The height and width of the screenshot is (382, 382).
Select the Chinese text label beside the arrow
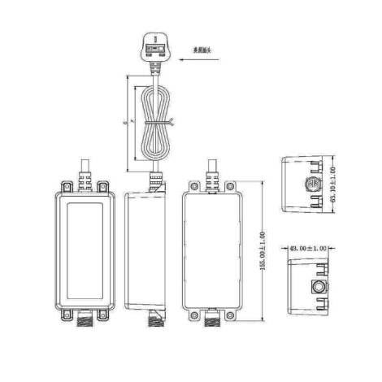click(x=202, y=50)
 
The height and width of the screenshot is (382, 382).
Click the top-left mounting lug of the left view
click(x=61, y=187)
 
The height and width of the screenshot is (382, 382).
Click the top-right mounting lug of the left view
click(x=103, y=187)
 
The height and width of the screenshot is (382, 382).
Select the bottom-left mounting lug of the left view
click(x=61, y=314)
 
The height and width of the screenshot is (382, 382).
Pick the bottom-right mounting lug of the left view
click(x=103, y=314)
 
